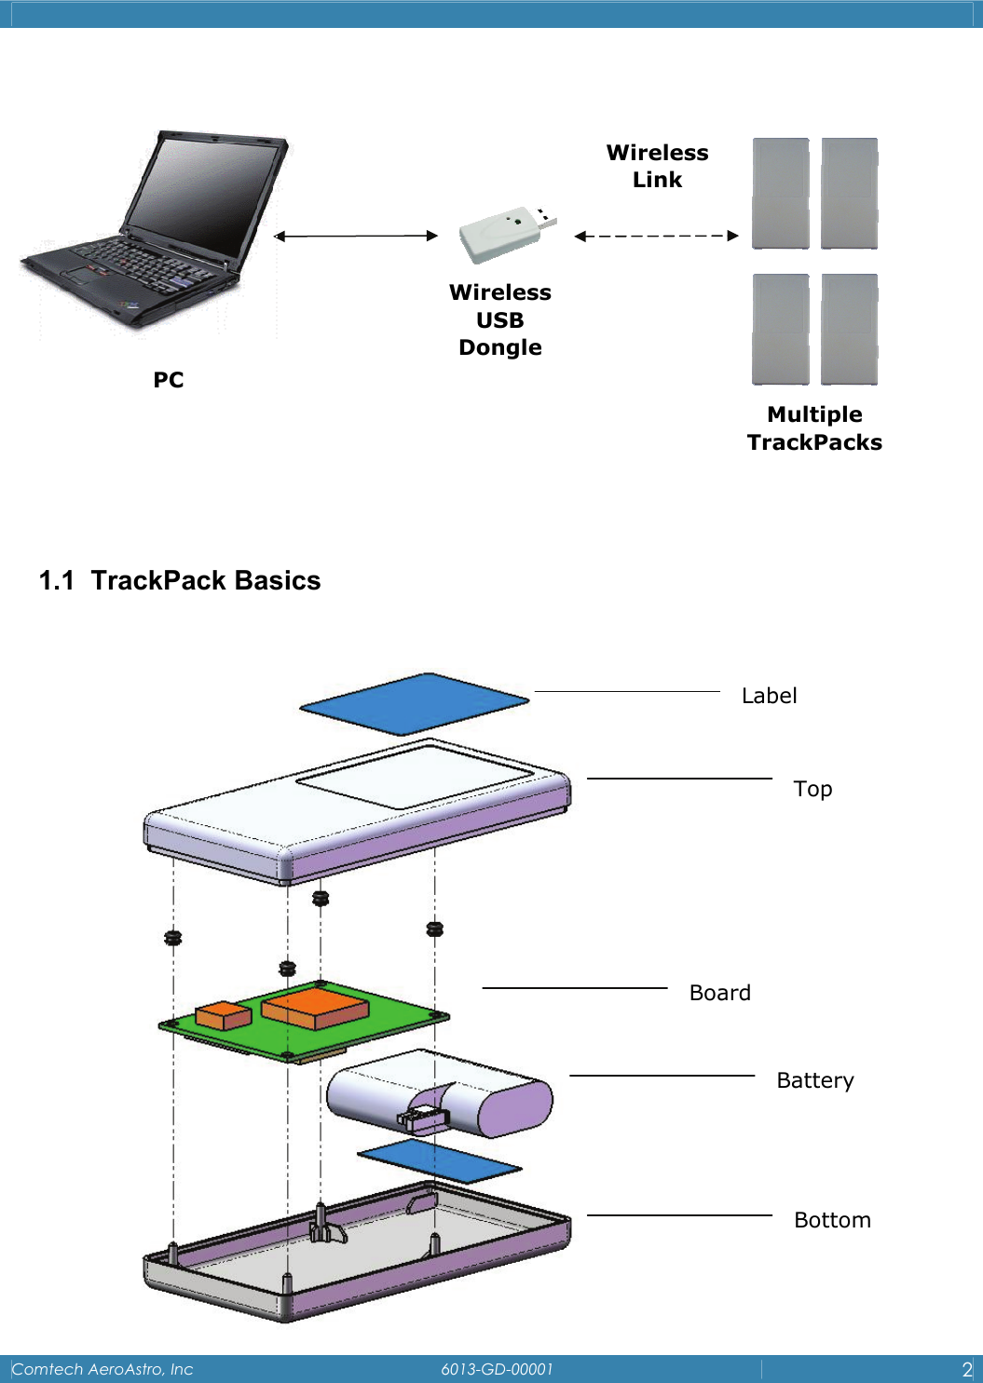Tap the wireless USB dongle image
(503, 234)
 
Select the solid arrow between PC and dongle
(355, 236)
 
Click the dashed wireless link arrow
(656, 236)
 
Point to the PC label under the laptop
(169, 380)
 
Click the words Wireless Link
(657, 166)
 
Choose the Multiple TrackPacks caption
(814, 428)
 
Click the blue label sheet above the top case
(414, 704)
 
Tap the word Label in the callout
(769, 696)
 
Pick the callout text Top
(812, 789)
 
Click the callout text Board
(719, 993)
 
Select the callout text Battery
(814, 1080)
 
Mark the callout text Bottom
(832, 1220)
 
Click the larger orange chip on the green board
(315, 1008)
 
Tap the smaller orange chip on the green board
(224, 1015)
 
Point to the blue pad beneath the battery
(439, 1161)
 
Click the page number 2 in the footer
(966, 1369)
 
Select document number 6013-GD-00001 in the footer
(497, 1369)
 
